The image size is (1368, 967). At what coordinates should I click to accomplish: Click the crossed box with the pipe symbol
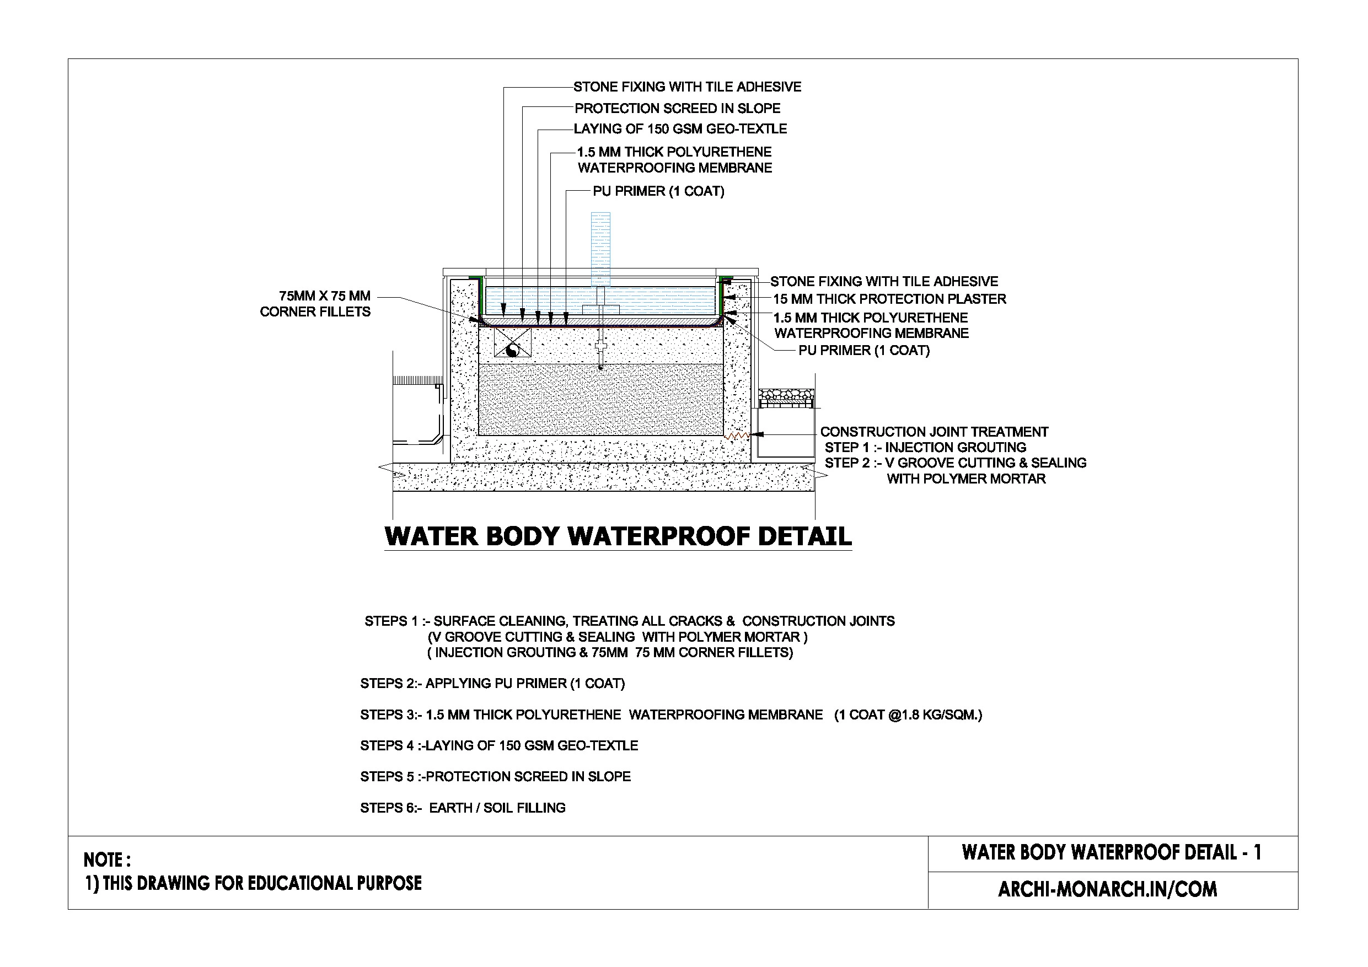[x=512, y=342]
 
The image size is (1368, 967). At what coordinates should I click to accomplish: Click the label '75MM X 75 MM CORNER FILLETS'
[x=315, y=304]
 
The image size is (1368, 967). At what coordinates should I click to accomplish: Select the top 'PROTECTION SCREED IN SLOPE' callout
[x=677, y=109]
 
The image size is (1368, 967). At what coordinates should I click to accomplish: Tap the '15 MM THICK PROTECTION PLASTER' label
[x=889, y=299]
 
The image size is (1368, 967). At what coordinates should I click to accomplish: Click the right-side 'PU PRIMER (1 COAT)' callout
[x=863, y=350]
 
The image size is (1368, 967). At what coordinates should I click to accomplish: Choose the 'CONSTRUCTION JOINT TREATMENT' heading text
[x=934, y=432]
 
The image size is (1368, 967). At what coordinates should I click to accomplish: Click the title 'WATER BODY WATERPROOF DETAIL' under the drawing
[x=618, y=536]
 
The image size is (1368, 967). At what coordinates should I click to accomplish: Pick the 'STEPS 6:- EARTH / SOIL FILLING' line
[x=463, y=808]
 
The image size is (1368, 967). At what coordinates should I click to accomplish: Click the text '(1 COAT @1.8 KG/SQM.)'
[x=908, y=715]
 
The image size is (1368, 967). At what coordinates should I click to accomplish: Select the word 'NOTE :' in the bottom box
[x=108, y=859]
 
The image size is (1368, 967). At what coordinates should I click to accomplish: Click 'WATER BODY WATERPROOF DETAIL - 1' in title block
[x=1111, y=853]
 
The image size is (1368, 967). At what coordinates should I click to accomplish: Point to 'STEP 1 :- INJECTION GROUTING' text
[x=925, y=448]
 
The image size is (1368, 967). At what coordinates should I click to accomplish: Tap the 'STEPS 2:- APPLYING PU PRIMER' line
[x=492, y=684]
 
